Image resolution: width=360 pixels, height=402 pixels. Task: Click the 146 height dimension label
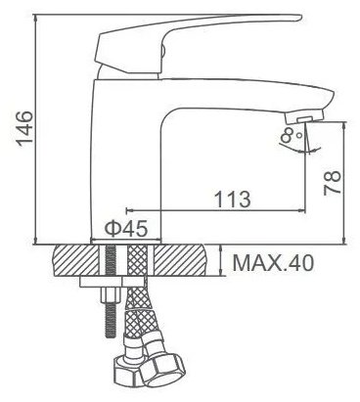pyautogui.click(x=25, y=129)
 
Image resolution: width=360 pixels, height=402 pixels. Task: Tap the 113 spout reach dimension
pyautogui.click(x=233, y=199)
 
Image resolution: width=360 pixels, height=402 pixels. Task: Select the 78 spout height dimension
pyautogui.click(x=333, y=183)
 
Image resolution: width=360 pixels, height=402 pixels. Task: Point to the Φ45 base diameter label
pyautogui.click(x=126, y=228)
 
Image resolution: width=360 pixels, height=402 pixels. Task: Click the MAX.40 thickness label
pyautogui.click(x=273, y=263)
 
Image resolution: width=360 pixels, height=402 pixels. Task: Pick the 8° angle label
pyautogui.click(x=292, y=135)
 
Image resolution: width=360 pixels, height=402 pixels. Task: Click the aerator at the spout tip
pyautogui.click(x=304, y=116)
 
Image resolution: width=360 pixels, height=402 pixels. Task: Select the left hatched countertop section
pyautogui.click(x=75, y=260)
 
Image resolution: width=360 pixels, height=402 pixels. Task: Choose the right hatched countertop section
pyautogui.click(x=180, y=260)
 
